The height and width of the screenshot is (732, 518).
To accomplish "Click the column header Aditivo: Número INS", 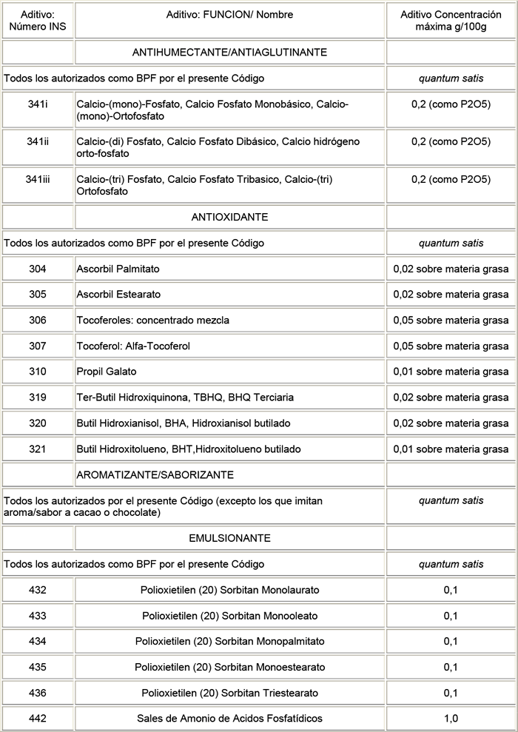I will tap(38, 20).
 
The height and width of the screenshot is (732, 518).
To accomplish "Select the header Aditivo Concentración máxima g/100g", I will tap(451, 20).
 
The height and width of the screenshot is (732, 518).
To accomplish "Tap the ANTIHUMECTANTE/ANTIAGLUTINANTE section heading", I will tap(229, 53).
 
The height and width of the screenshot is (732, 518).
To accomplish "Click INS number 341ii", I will tap(38, 141).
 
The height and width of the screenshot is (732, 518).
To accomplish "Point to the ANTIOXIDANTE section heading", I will tap(229, 217).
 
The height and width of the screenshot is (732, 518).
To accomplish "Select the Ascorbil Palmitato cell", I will tap(118, 269).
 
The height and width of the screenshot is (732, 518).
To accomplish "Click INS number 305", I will tap(38, 295).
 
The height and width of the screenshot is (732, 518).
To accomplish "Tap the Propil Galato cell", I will tap(107, 372).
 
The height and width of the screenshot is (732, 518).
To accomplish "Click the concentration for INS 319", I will tap(451, 397).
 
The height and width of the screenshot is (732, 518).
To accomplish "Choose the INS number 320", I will tap(38, 423).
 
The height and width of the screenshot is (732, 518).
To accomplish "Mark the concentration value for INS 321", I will tap(451, 449).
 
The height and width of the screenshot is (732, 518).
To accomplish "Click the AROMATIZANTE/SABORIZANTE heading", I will tap(155, 474).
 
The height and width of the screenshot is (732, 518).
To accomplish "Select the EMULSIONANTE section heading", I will tap(230, 538).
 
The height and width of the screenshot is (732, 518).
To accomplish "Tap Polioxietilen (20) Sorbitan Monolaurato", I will tap(230, 590).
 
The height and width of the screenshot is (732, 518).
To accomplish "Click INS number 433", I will tap(38, 616).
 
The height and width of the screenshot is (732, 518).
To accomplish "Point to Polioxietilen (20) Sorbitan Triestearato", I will tap(230, 693).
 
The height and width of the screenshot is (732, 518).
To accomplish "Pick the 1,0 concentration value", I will tap(451, 719).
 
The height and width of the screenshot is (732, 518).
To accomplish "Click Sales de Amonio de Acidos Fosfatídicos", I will tap(230, 719).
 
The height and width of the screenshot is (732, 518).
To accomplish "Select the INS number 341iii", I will tap(38, 179).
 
